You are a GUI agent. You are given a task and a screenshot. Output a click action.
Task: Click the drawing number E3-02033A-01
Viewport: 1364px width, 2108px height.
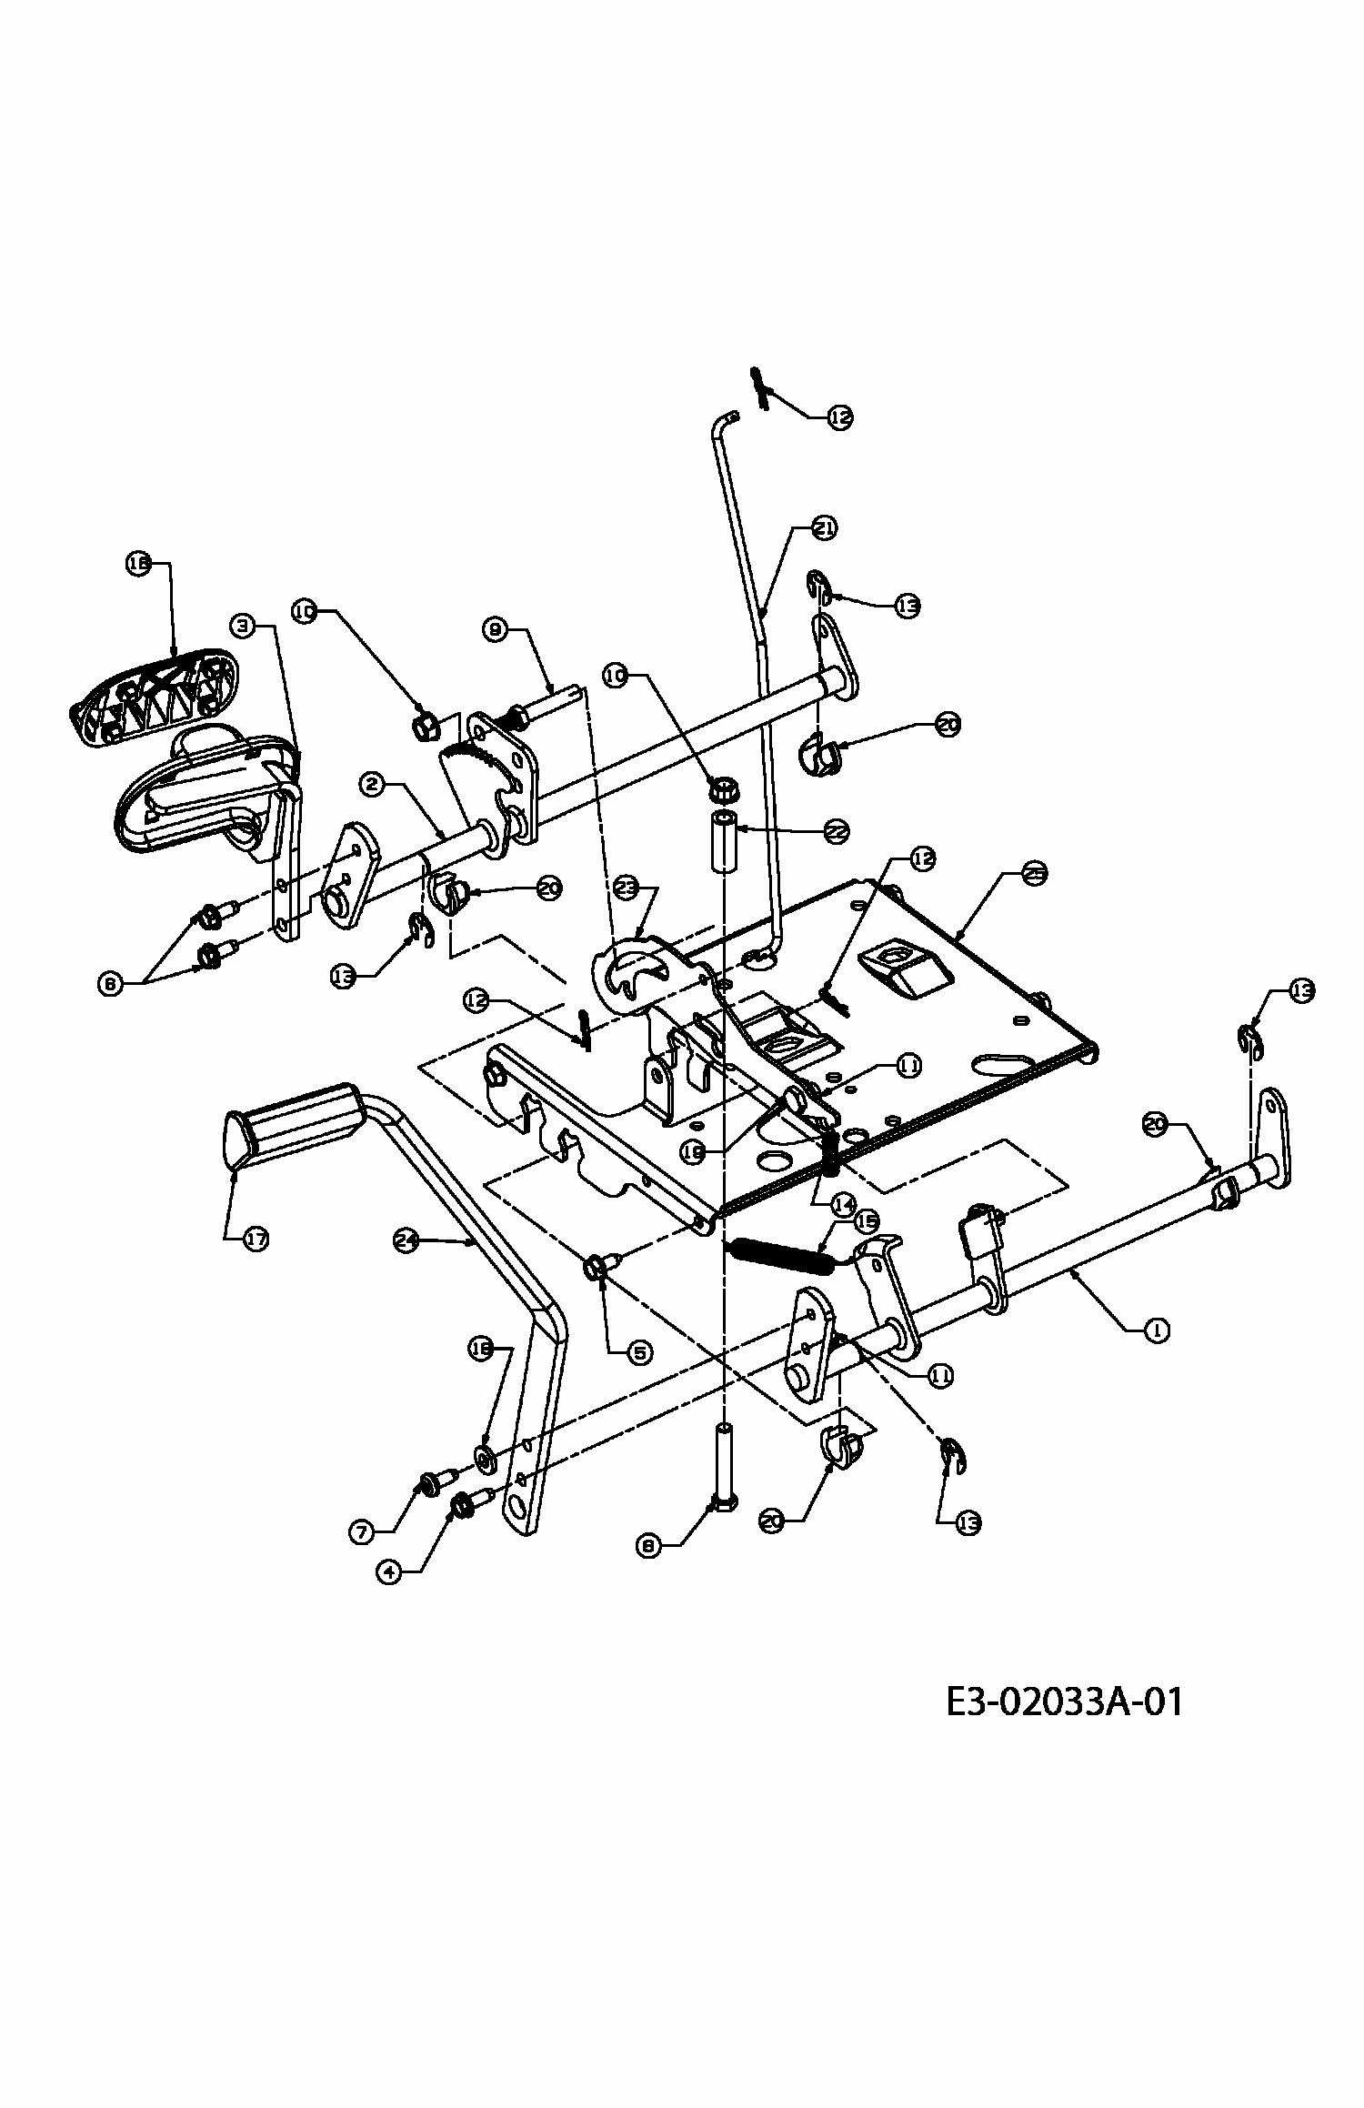pyautogui.click(x=1064, y=1701)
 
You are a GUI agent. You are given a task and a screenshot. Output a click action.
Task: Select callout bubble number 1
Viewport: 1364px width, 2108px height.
pyautogui.click(x=1156, y=1330)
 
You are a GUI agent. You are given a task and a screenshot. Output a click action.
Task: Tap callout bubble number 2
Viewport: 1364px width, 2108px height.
pyautogui.click(x=371, y=783)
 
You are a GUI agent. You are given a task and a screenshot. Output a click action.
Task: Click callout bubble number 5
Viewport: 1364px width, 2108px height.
pyautogui.click(x=640, y=1352)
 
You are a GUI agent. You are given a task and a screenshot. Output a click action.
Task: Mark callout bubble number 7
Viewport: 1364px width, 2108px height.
pyautogui.click(x=361, y=1532)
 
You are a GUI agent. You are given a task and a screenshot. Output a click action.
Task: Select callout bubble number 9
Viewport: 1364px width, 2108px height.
pyautogui.click(x=495, y=629)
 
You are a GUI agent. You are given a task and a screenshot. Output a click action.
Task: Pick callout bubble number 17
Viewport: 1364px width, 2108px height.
pyautogui.click(x=256, y=1239)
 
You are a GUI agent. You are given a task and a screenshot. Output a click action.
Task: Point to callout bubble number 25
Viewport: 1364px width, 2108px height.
pyautogui.click(x=1034, y=874)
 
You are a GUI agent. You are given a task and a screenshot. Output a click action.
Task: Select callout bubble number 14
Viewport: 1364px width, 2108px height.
pyautogui.click(x=842, y=1205)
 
